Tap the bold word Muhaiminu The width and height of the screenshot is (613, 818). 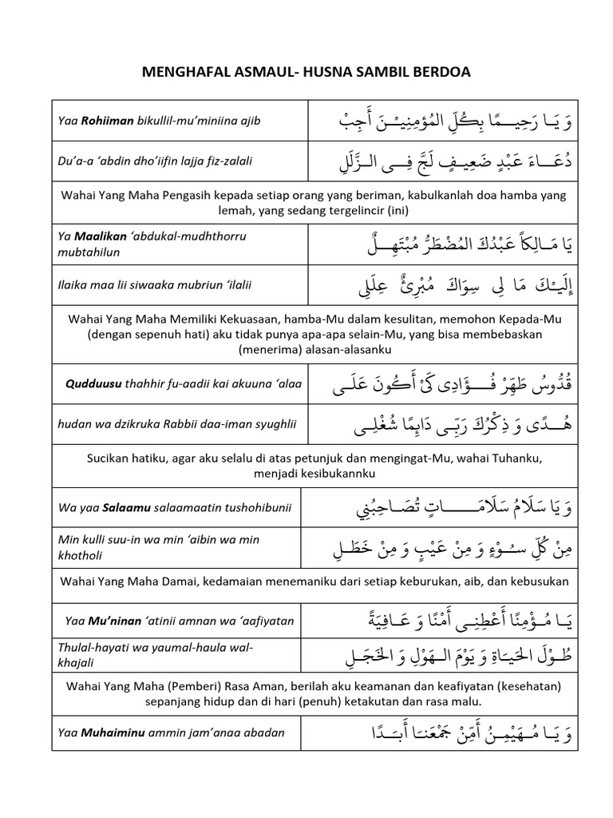109,732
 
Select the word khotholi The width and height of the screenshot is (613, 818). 81,554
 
